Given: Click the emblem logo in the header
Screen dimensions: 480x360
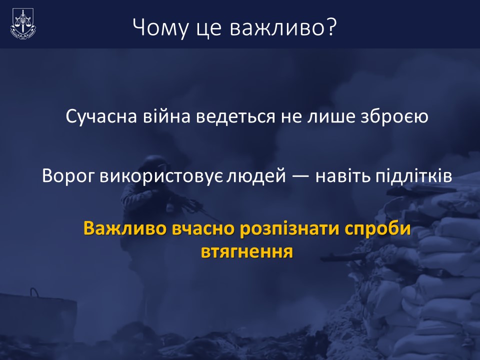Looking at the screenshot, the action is pyautogui.click(x=23, y=24).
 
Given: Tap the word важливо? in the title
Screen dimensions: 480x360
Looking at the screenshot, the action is pyautogui.click(x=283, y=27).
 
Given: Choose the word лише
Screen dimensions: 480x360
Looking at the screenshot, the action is pyautogui.click(x=330, y=117).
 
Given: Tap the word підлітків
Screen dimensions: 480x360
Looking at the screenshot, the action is pyautogui.click(x=414, y=176).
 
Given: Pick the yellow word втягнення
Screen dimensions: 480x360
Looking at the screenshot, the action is pyautogui.click(x=247, y=252).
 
